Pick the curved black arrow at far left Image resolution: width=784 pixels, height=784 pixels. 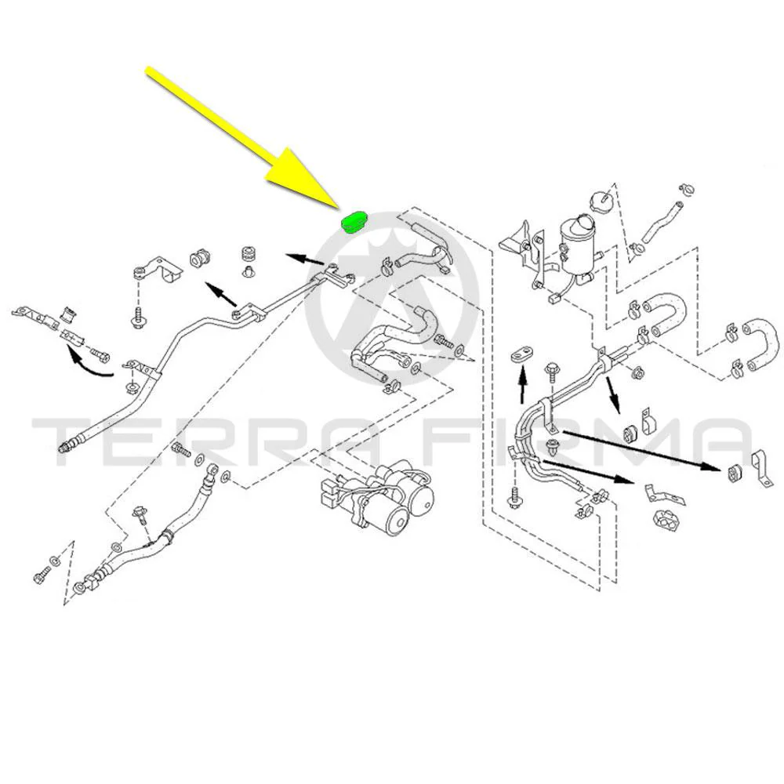(x=90, y=365)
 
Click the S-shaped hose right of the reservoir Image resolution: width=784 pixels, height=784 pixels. (x=665, y=314)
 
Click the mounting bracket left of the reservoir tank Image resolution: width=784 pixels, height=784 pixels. (x=522, y=250)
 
